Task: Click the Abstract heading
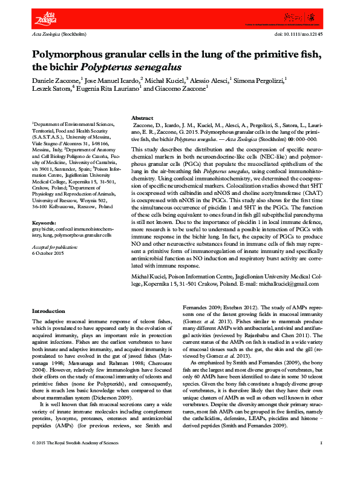[x=142, y=118]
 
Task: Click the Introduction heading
[x=48, y=312]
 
